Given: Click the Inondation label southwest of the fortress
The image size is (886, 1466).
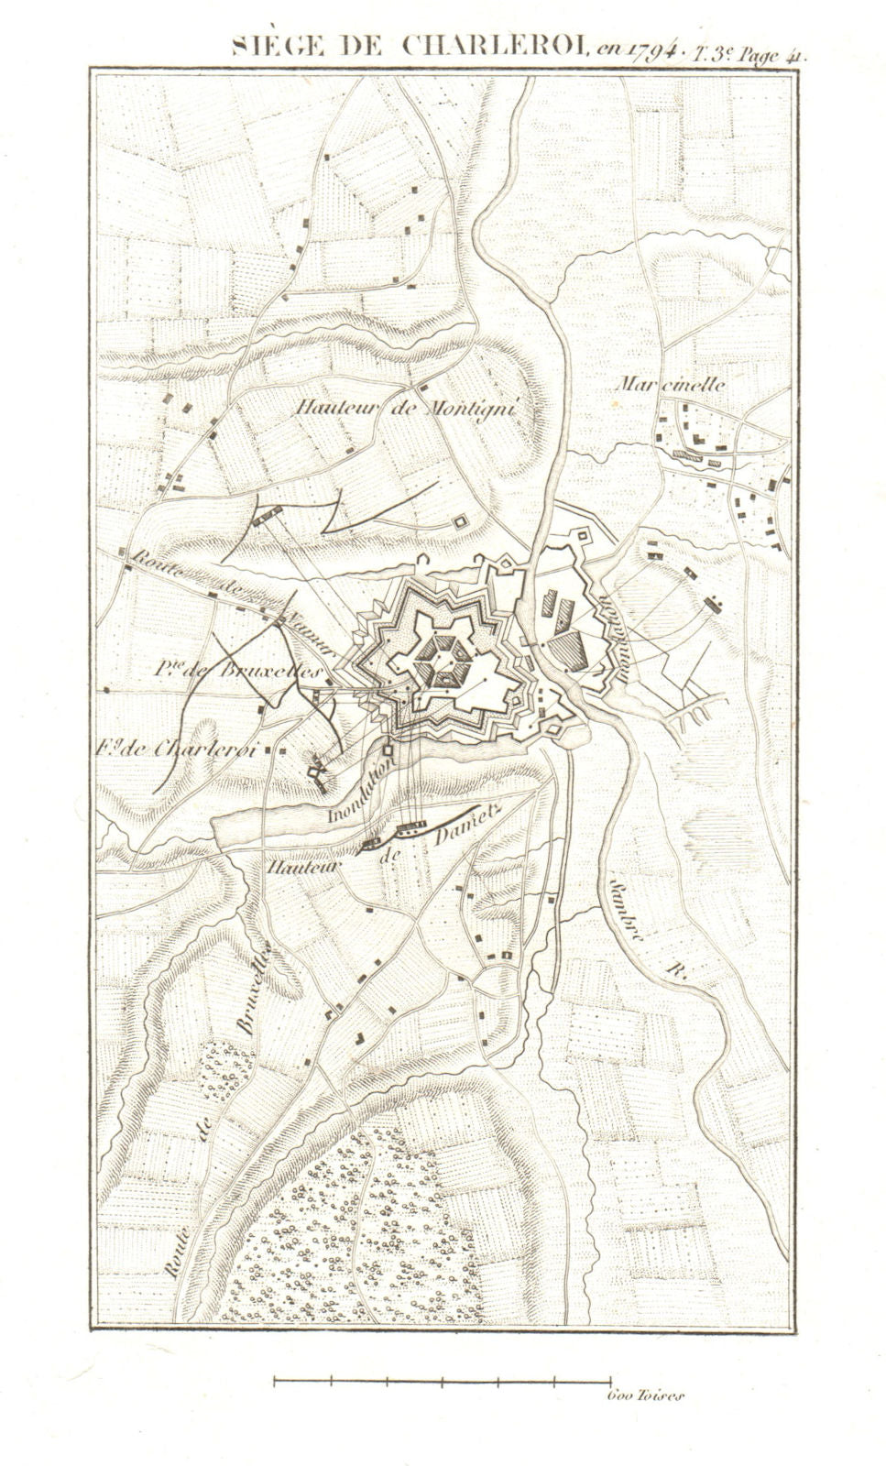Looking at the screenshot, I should pos(363,787).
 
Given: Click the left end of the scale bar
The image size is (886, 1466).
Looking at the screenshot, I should pos(275,1377).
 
